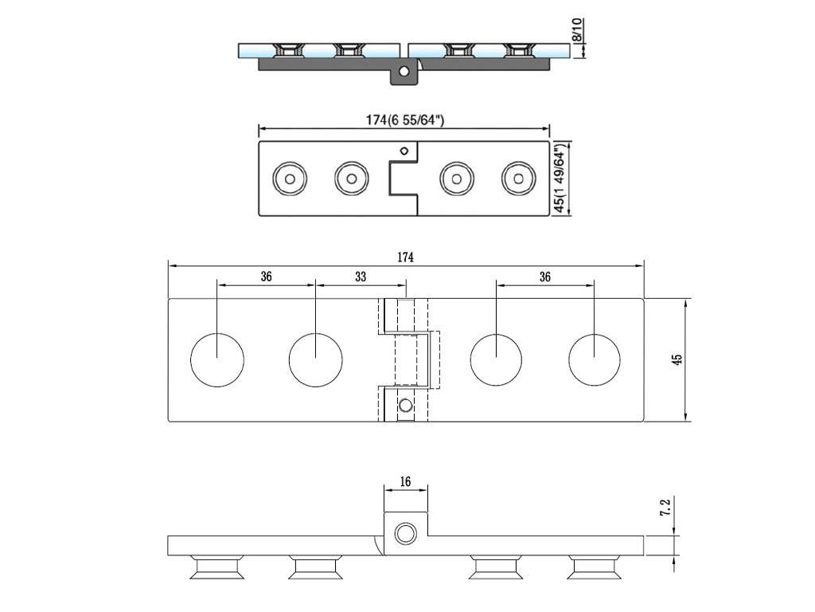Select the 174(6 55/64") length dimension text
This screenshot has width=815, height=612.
(x=404, y=120)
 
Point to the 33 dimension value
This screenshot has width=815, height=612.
(x=361, y=277)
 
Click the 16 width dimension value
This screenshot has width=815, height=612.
(x=405, y=481)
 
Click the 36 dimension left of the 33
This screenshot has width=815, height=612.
(x=266, y=277)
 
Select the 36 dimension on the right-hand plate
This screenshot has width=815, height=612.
(x=545, y=277)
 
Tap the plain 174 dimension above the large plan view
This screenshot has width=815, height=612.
(x=405, y=257)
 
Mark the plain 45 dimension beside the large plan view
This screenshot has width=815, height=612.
(x=677, y=359)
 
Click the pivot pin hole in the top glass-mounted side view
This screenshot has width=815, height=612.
(x=404, y=72)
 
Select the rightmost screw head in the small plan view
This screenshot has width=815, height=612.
(x=518, y=178)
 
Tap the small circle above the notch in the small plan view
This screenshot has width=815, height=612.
(x=404, y=151)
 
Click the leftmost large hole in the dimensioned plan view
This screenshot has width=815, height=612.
(x=217, y=360)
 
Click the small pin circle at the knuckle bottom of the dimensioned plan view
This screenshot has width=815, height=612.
(x=406, y=406)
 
